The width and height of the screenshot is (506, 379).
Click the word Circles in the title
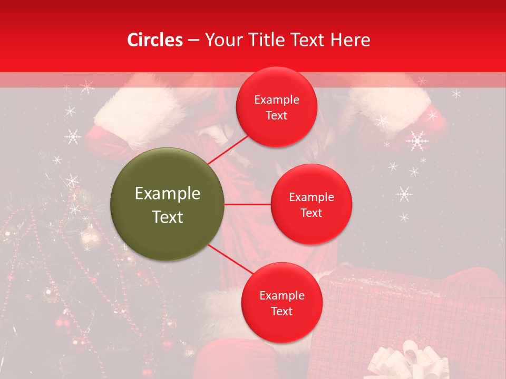[154, 40]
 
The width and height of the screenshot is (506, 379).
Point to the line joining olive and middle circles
[248, 204]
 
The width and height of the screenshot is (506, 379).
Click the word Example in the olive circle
[168, 194]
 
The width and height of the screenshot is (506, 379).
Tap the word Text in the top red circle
[277, 116]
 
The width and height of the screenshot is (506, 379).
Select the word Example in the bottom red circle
[281, 295]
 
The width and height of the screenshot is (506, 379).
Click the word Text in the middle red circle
[311, 213]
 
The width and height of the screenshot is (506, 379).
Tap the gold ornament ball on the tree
[90, 237]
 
